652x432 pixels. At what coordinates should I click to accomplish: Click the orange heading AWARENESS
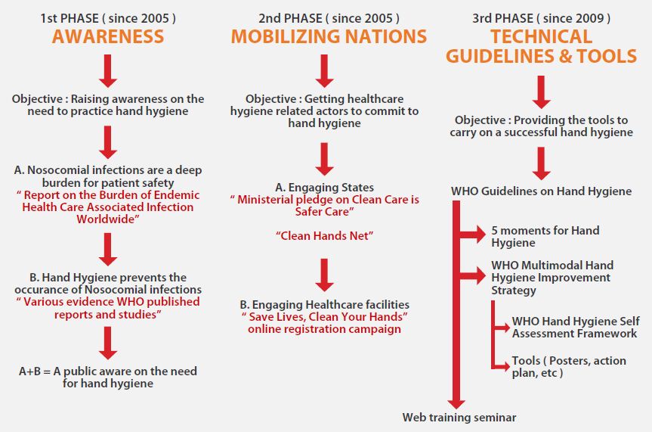pos(108,36)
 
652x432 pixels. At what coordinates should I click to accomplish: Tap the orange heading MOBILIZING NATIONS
pos(329,36)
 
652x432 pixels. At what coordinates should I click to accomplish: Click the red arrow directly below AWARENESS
pos(108,71)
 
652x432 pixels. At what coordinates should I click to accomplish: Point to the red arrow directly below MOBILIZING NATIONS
pos(324,71)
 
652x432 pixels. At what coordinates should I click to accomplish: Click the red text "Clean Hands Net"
pos(324,236)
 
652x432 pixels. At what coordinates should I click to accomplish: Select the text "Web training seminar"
pos(459,418)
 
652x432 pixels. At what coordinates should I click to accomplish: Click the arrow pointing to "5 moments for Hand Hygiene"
pos(473,234)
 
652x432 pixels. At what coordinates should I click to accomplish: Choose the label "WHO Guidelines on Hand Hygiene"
pos(541,191)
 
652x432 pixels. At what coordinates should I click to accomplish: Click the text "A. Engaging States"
pos(324,188)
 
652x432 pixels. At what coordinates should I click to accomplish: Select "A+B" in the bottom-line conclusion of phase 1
pos(29,371)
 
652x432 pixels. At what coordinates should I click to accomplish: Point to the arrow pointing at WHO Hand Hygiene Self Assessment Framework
pos(501,328)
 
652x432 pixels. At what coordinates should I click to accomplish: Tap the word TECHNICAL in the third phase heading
pos(541,36)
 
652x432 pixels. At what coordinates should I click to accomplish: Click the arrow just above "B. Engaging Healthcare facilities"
pos(324,275)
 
